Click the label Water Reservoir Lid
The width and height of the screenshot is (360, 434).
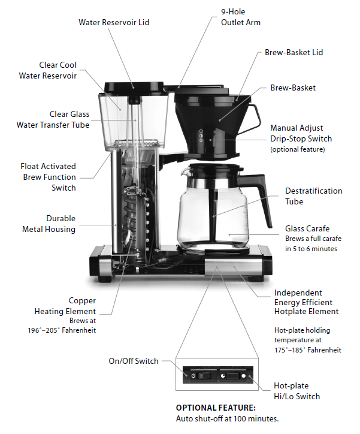(114, 23)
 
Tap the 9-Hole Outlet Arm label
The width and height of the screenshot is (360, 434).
(241, 17)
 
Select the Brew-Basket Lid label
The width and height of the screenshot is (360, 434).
(294, 53)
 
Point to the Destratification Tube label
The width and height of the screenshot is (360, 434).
(313, 196)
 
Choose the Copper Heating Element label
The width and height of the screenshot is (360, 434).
(66, 306)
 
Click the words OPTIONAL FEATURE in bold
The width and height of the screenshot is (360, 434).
(215, 408)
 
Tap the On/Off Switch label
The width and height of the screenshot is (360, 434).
(134, 361)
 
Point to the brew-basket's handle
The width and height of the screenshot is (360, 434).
(254, 114)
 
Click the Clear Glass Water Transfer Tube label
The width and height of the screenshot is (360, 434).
(53, 119)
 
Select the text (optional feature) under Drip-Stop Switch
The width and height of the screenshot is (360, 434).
(298, 149)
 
